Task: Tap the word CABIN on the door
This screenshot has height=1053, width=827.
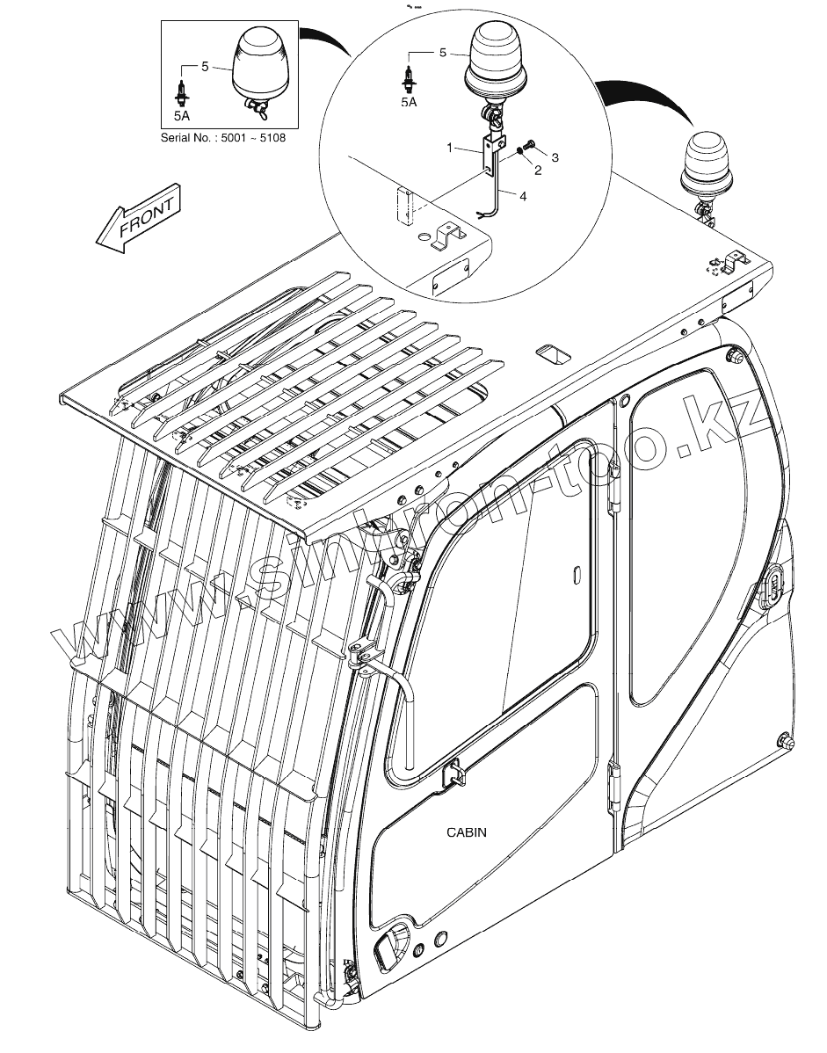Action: pos(466,832)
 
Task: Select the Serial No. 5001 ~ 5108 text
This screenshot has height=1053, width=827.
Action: pos(223,138)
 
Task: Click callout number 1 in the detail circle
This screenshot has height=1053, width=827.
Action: pos(450,149)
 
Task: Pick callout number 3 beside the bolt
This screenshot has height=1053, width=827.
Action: pos(555,156)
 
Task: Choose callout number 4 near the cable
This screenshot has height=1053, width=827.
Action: pos(523,198)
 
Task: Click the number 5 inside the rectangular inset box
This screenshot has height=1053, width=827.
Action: pos(205,66)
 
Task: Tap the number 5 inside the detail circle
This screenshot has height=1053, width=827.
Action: pos(444,54)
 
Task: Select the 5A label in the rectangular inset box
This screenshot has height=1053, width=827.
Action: pos(182,114)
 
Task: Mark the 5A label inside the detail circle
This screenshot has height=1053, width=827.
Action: pos(409,102)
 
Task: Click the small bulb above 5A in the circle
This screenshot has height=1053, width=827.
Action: pos(409,76)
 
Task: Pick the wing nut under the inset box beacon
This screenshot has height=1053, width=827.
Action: pos(258,109)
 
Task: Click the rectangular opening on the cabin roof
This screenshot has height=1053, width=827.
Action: pos(554,353)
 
